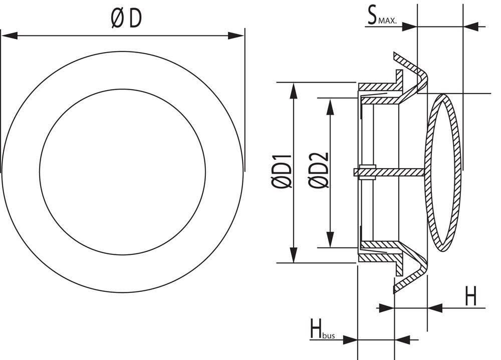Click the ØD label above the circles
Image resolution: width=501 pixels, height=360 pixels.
[x=126, y=19]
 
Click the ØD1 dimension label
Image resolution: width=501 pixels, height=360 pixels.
[x=282, y=171]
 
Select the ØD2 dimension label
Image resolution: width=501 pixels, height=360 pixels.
[x=319, y=170]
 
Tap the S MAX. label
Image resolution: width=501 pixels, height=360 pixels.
[x=381, y=17]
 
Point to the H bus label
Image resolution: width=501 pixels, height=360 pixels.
[x=322, y=328]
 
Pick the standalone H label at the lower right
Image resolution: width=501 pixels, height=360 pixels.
[x=470, y=296]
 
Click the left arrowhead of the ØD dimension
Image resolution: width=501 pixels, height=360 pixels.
[x=9, y=36]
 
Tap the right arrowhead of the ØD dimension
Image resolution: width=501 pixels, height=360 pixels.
[x=236, y=36]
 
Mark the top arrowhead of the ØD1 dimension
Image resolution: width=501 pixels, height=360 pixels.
[x=293, y=91]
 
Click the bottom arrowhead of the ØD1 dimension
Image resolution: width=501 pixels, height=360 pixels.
[x=293, y=254]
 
